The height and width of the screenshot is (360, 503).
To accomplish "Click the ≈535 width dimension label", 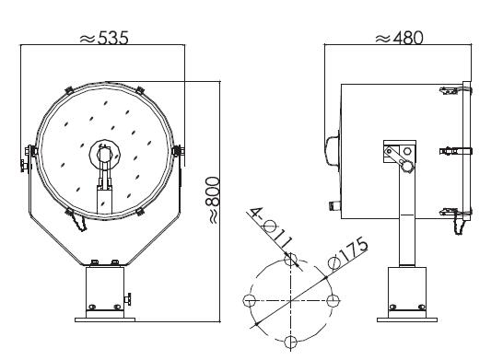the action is [x=104, y=38].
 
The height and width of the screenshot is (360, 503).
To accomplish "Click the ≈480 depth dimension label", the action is [x=400, y=38].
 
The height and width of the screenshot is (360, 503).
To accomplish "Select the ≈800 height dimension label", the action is [x=213, y=200].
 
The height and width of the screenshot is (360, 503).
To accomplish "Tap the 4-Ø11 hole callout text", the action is [x=272, y=228].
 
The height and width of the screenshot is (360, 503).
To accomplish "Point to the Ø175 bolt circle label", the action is [x=347, y=253].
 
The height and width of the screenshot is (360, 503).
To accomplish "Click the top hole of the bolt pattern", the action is [x=290, y=259].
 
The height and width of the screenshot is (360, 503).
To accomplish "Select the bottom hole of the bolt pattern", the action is [x=290, y=342].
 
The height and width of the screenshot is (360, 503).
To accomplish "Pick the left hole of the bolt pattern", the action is [x=250, y=301].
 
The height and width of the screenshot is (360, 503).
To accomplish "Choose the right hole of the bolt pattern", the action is [x=333, y=301].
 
